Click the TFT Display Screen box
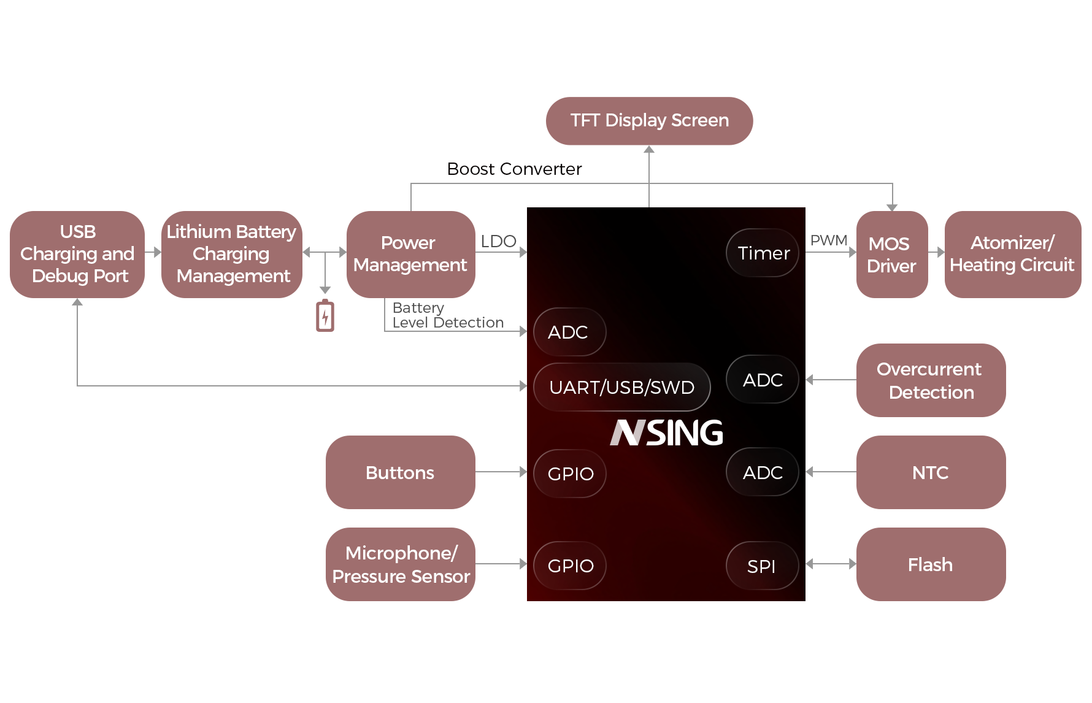649,121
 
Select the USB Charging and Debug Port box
77,254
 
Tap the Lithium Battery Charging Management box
231,254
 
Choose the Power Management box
410,254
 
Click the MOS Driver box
891,254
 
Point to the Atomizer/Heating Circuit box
1012,254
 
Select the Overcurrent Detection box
930,380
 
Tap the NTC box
930,472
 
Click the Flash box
930,564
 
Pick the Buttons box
400,472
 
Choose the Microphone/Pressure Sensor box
400,564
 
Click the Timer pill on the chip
763,253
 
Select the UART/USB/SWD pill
621,387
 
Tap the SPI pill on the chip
762,566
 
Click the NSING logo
667,432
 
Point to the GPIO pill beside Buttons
570,474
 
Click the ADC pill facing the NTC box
763,472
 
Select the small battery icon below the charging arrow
325,316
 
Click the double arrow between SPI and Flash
831,564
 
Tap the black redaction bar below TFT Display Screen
515,169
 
